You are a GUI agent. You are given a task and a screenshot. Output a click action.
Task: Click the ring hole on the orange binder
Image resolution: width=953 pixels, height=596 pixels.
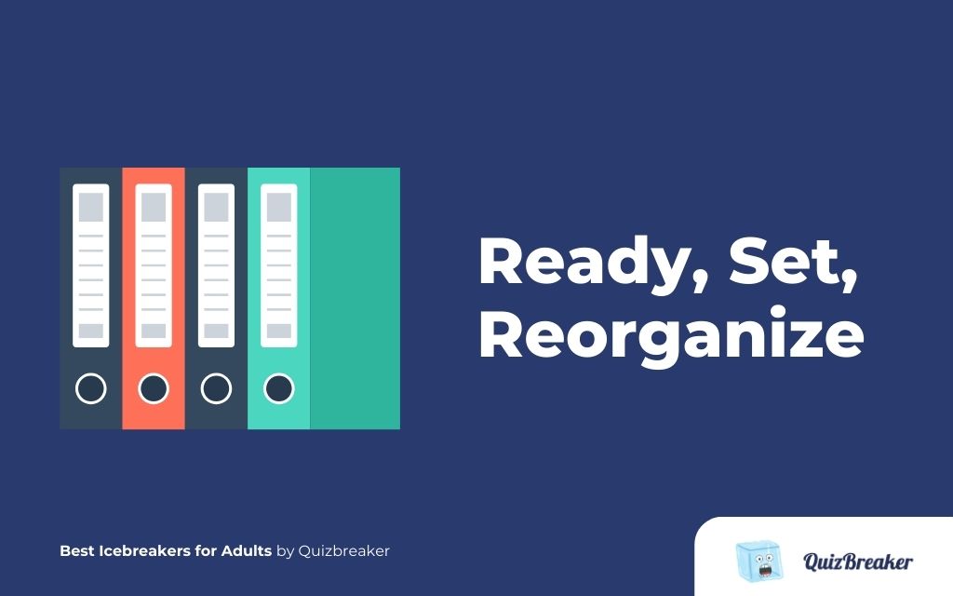154,388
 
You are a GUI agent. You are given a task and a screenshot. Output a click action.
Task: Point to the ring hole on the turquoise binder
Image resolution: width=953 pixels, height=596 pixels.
278,388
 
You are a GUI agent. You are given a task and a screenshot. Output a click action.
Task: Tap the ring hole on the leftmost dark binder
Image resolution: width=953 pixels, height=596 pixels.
90,388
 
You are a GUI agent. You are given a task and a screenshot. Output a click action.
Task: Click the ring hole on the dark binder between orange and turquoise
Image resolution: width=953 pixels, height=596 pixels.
216,388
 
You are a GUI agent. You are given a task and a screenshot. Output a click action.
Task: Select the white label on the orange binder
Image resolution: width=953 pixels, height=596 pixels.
154,265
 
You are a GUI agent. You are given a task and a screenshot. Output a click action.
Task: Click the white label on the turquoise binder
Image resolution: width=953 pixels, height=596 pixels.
278,265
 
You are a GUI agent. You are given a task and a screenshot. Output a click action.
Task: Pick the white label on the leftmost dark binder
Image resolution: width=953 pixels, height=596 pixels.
90,265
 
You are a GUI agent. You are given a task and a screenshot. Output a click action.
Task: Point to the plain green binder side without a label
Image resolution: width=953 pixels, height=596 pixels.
355,298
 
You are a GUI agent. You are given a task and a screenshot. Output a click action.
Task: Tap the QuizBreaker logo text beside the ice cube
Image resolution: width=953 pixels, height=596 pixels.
858,562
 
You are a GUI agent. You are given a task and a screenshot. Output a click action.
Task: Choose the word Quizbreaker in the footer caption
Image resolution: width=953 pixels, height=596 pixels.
343,550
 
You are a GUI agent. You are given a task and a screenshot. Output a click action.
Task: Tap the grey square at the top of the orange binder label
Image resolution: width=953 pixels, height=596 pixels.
154,207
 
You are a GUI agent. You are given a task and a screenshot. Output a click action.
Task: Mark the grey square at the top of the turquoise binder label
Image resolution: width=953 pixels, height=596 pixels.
278,207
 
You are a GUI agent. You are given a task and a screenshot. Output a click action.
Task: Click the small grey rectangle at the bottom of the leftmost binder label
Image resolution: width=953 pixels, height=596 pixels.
90,331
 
